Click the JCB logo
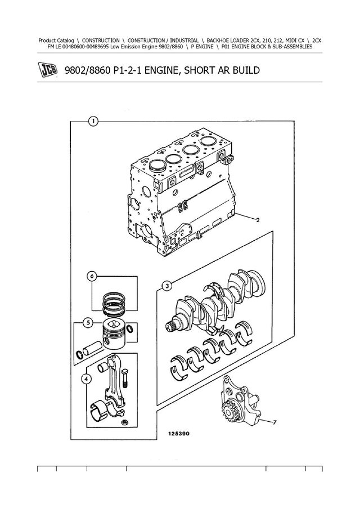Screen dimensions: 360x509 click(48, 70)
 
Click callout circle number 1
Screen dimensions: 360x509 click(93, 121)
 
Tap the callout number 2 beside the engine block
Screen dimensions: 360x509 click(258, 220)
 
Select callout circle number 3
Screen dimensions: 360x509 click(167, 286)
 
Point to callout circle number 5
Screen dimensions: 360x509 click(92, 276)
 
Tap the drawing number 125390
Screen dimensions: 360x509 click(178, 434)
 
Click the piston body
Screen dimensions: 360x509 click(114, 334)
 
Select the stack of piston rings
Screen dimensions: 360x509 click(114, 304)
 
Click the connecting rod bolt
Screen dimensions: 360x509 click(126, 379)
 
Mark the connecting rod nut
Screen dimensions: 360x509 click(124, 422)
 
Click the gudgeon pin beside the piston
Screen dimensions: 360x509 click(92, 349)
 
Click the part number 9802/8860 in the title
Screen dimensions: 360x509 click(87, 70)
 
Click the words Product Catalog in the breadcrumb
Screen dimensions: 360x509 click(56, 40)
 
